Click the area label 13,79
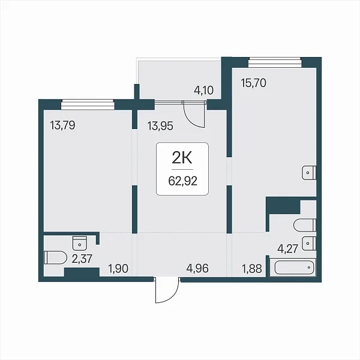(x=62, y=125)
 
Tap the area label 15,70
(x=253, y=83)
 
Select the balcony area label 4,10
(x=203, y=90)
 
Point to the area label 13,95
(x=160, y=126)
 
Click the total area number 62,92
(x=183, y=181)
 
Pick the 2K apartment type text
(x=182, y=158)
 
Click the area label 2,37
(x=82, y=259)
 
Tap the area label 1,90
(x=118, y=268)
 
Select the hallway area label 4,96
(x=197, y=268)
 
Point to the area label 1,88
(x=252, y=268)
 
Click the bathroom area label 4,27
(x=287, y=248)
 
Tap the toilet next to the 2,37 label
(x=55, y=257)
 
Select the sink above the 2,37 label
(x=80, y=243)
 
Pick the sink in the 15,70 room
(x=309, y=172)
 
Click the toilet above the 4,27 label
(x=305, y=225)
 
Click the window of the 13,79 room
(x=88, y=104)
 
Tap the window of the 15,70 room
(x=275, y=62)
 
